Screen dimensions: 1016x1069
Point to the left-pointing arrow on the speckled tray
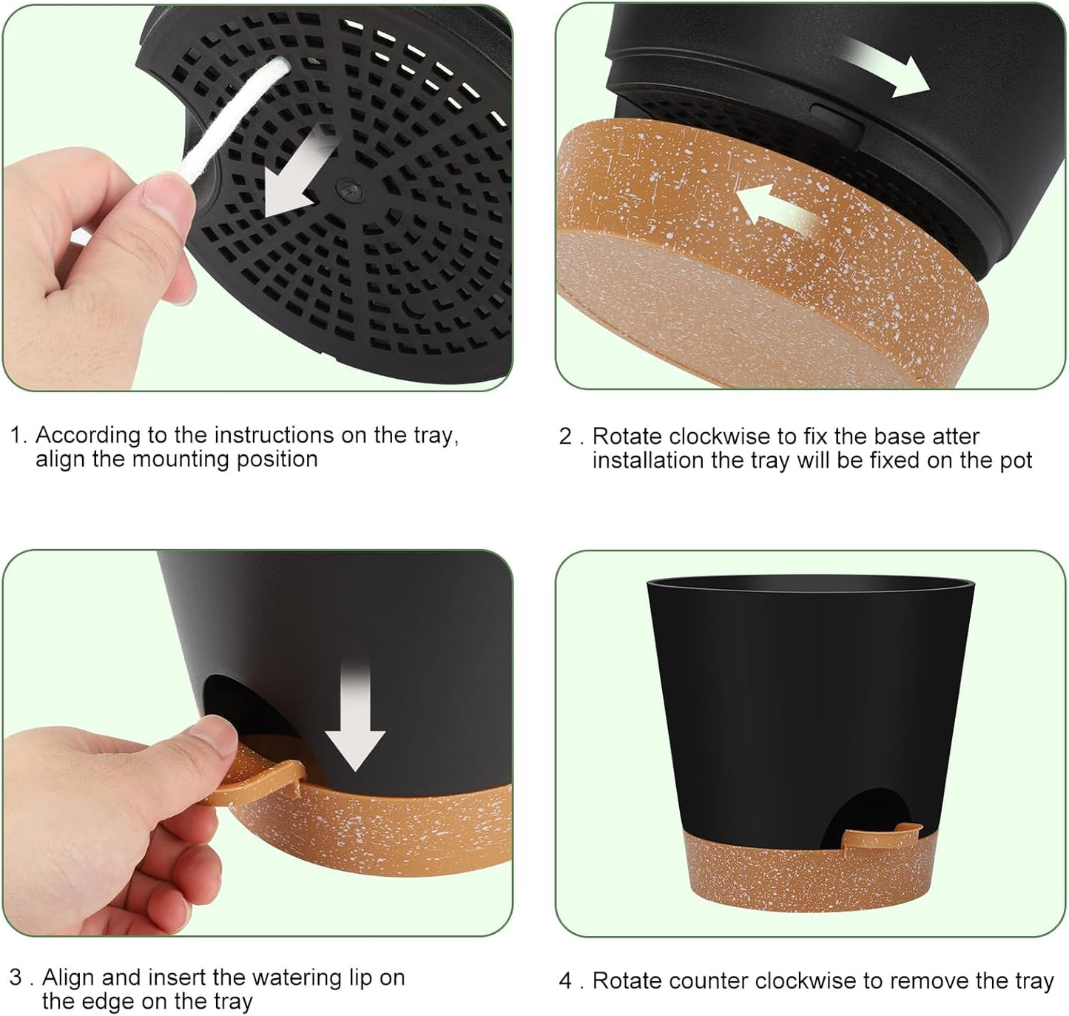(x=776, y=212)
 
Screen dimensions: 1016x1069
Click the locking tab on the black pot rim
(x=837, y=117)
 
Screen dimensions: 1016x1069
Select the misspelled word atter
(x=954, y=437)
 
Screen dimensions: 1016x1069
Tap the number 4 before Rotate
(x=566, y=981)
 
